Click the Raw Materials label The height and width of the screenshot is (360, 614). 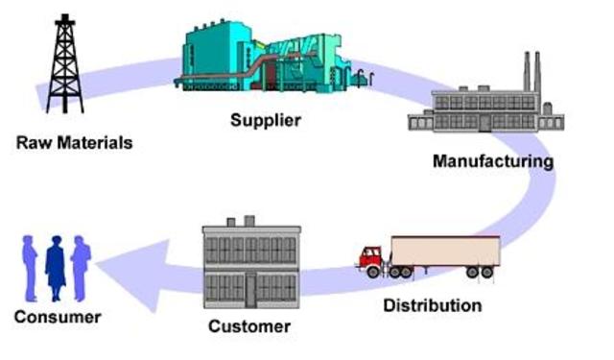[75, 143]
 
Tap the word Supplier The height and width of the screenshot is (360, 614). [266, 120]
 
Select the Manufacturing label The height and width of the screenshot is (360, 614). [493, 161]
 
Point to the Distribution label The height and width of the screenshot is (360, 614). [433, 305]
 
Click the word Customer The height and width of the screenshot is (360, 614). [249, 326]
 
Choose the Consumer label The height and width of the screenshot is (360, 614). [58, 317]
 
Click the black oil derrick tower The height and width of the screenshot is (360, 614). [65, 64]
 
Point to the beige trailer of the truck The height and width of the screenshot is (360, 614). [445, 252]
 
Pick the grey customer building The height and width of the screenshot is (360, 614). [251, 262]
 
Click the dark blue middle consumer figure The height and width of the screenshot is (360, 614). [56, 269]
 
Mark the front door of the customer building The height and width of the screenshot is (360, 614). [250, 290]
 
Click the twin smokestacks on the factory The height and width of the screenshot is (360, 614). [532, 72]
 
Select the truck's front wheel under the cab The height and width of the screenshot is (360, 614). [373, 272]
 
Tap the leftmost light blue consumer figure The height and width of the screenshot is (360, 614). [30, 269]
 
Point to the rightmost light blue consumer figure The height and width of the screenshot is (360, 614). [81, 269]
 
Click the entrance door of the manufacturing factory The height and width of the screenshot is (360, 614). [484, 123]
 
